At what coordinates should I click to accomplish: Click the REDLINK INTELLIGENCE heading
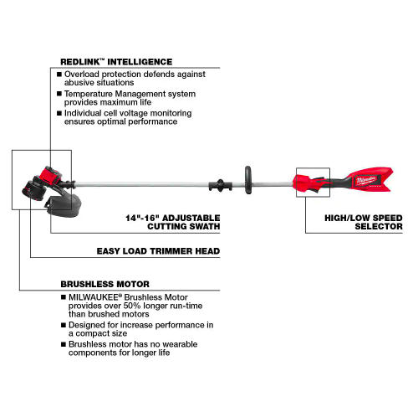[x=116, y=62]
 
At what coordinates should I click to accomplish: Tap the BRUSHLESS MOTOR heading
[x=105, y=284]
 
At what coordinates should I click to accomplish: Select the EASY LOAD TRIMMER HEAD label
[x=158, y=251]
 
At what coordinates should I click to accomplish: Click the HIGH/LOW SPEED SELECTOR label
[x=364, y=222]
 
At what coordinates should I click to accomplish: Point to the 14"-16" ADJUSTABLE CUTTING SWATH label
[x=173, y=222]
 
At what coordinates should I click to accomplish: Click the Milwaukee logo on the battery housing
[x=366, y=180]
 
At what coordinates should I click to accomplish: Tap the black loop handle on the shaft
[x=247, y=180]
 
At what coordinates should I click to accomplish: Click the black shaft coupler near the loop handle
[x=221, y=185]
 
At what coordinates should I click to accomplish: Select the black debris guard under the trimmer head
[x=64, y=206]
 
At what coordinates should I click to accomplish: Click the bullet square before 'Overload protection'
[x=59, y=75]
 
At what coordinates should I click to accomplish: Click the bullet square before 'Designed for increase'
[x=64, y=325]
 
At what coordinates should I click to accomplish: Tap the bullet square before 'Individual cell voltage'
[x=59, y=113]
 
